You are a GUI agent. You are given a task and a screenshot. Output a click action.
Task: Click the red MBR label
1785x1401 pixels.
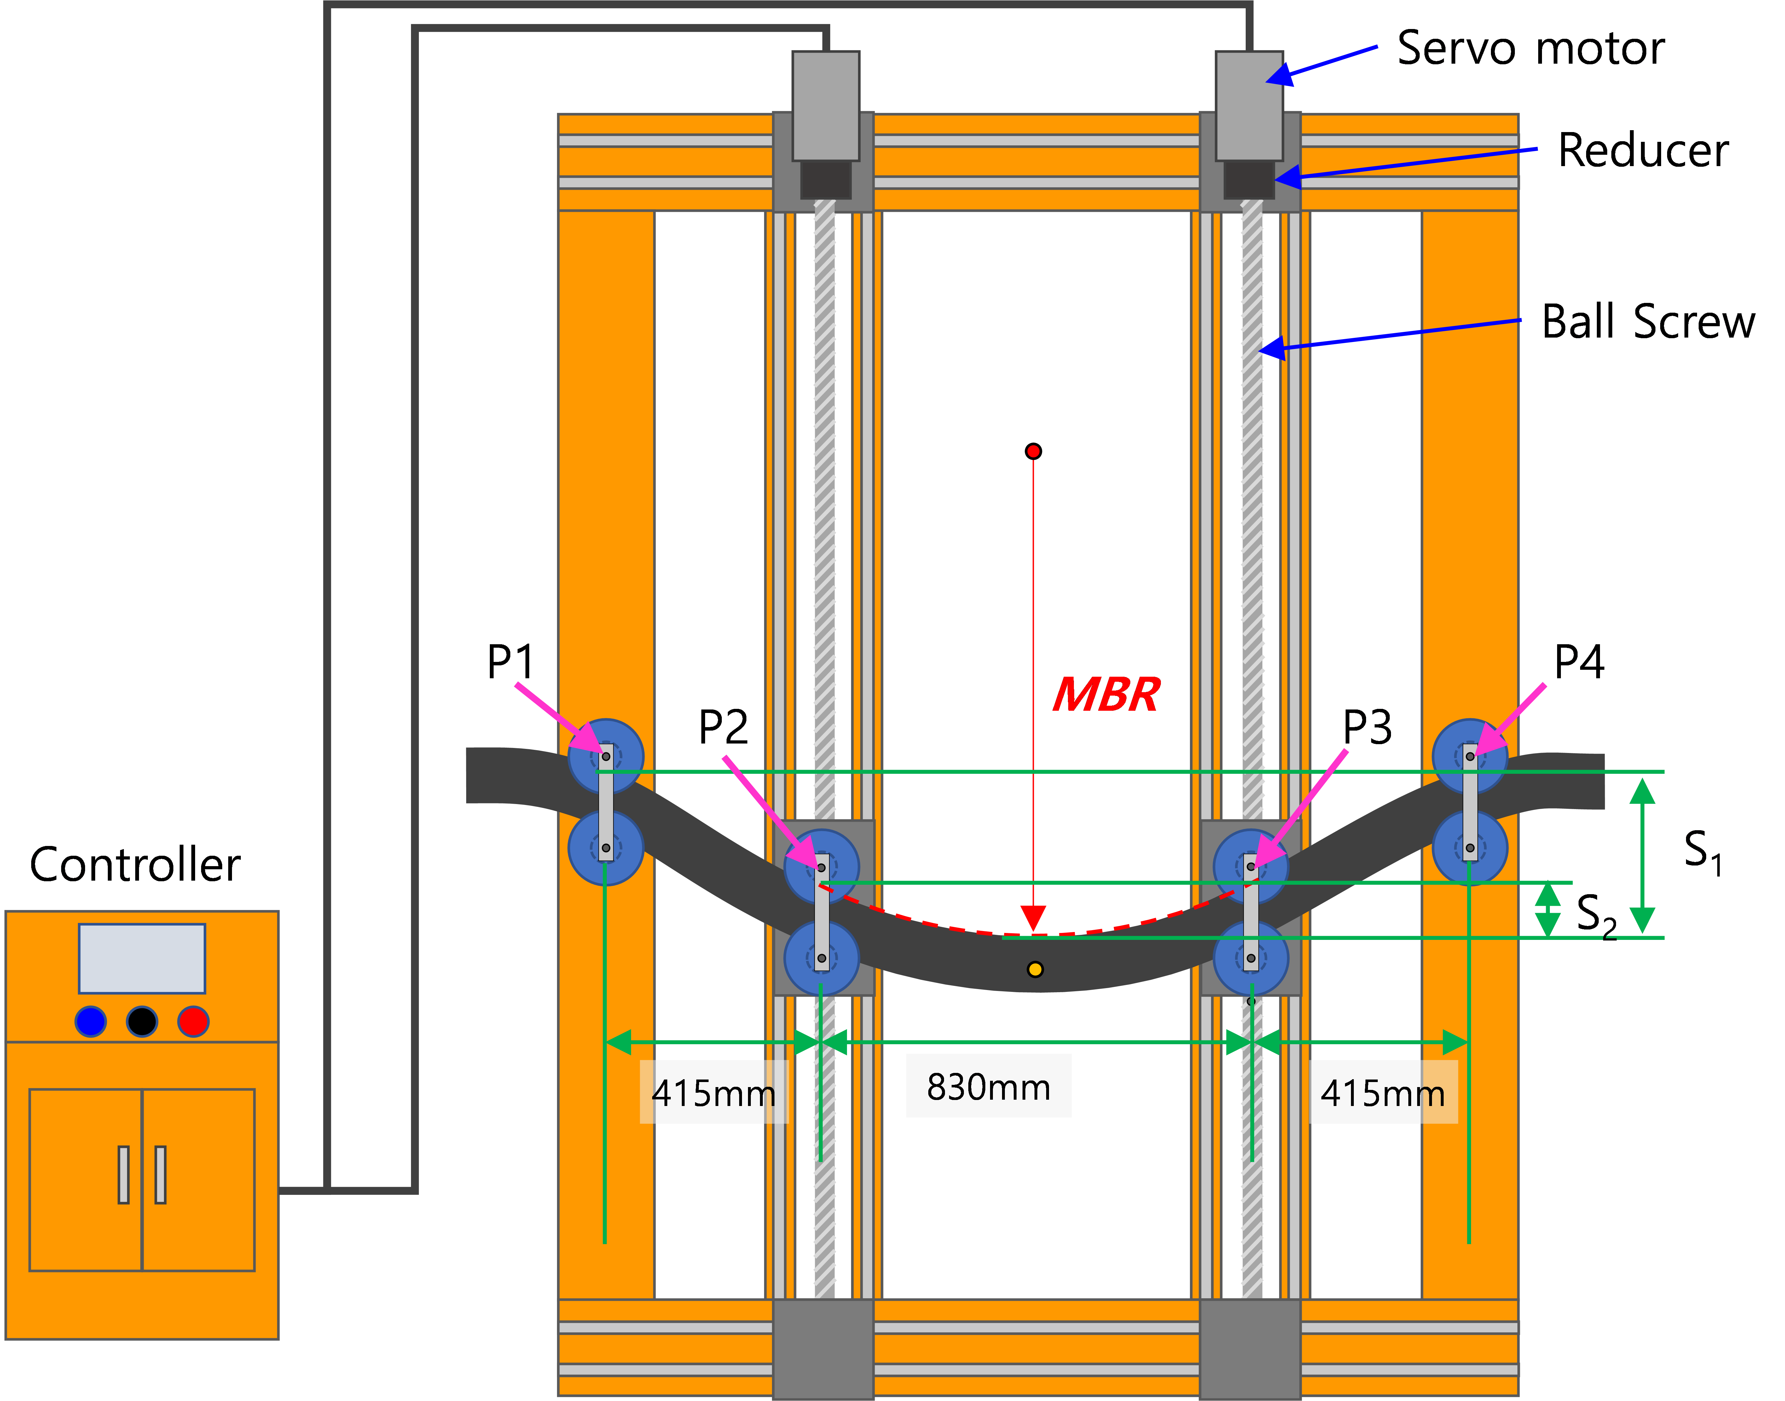[1106, 695]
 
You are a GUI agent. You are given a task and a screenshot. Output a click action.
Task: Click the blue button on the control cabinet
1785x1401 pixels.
[90, 1021]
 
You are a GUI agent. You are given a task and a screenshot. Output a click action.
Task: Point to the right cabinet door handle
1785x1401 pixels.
[161, 1175]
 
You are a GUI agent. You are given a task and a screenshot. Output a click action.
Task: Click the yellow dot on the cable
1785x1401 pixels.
[1035, 970]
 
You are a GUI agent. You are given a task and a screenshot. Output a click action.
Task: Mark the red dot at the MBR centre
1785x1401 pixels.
[1034, 451]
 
